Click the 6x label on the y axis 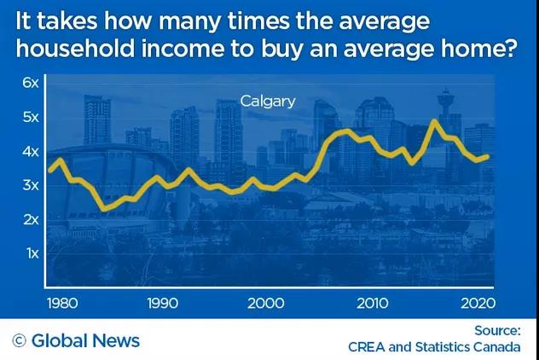coord(32,84)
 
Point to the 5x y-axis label coord(32,118)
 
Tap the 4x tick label coord(32,152)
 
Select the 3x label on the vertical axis coord(32,185)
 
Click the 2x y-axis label coord(32,219)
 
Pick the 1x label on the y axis coord(32,253)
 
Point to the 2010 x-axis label coord(371,302)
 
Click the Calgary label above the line coord(267,102)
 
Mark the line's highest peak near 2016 coord(434,121)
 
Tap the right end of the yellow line coord(488,155)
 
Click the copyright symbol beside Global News coord(19,341)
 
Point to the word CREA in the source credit coord(368,347)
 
